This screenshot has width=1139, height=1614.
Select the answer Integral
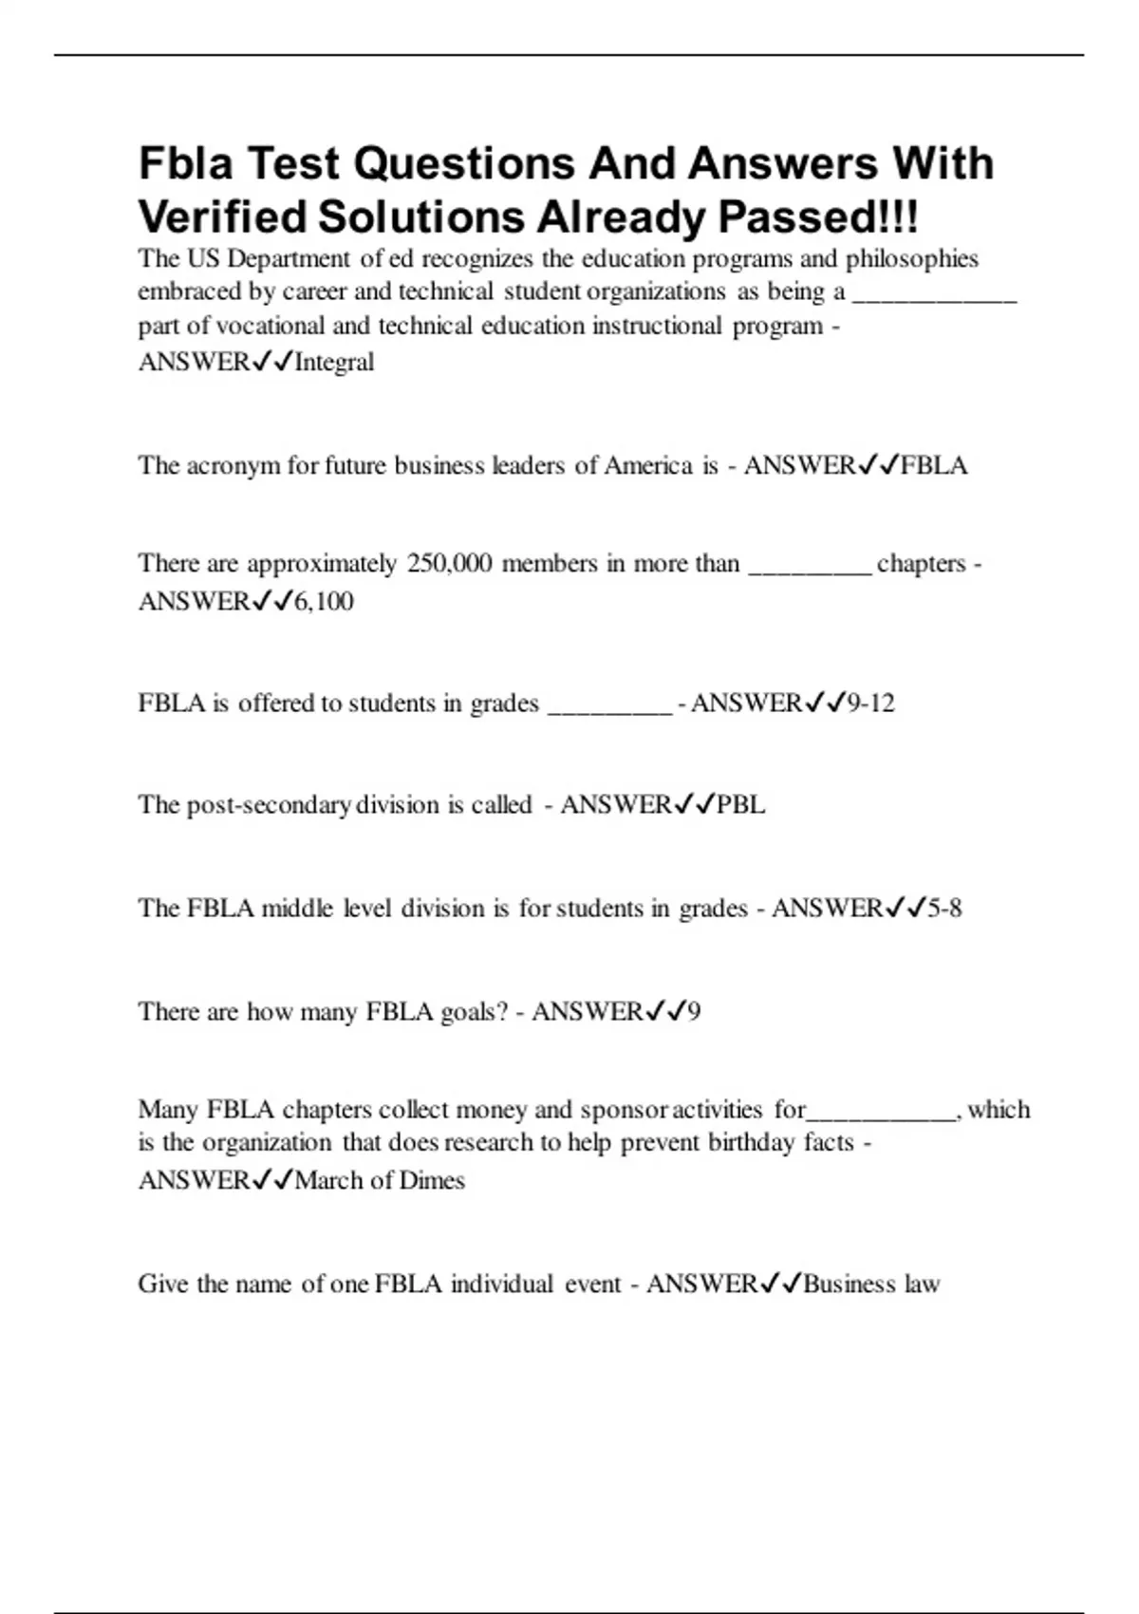coord(334,362)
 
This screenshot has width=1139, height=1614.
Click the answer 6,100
coord(324,601)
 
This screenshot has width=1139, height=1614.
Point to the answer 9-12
coord(870,704)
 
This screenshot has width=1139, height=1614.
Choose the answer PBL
coord(740,805)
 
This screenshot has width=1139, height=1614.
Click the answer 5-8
coord(944,909)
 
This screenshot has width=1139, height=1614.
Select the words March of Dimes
coord(380,1180)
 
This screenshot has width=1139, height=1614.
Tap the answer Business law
coord(871,1285)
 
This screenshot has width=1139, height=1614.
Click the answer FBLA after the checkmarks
coord(934,465)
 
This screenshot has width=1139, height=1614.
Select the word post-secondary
coord(269,805)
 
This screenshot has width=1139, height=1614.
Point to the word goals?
coord(475,1012)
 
